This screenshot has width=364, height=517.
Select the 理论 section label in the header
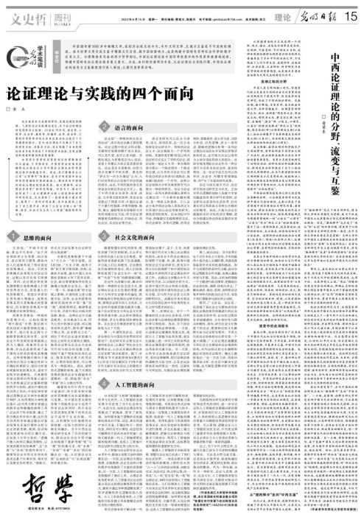point(282,14)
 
